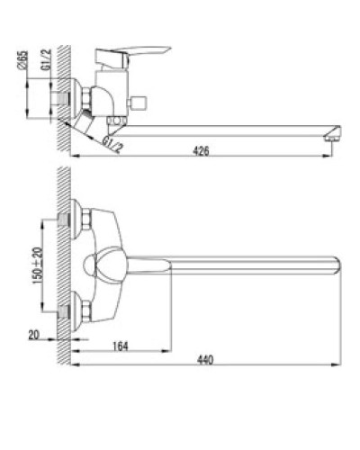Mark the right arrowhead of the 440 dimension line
(x=341, y=364)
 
